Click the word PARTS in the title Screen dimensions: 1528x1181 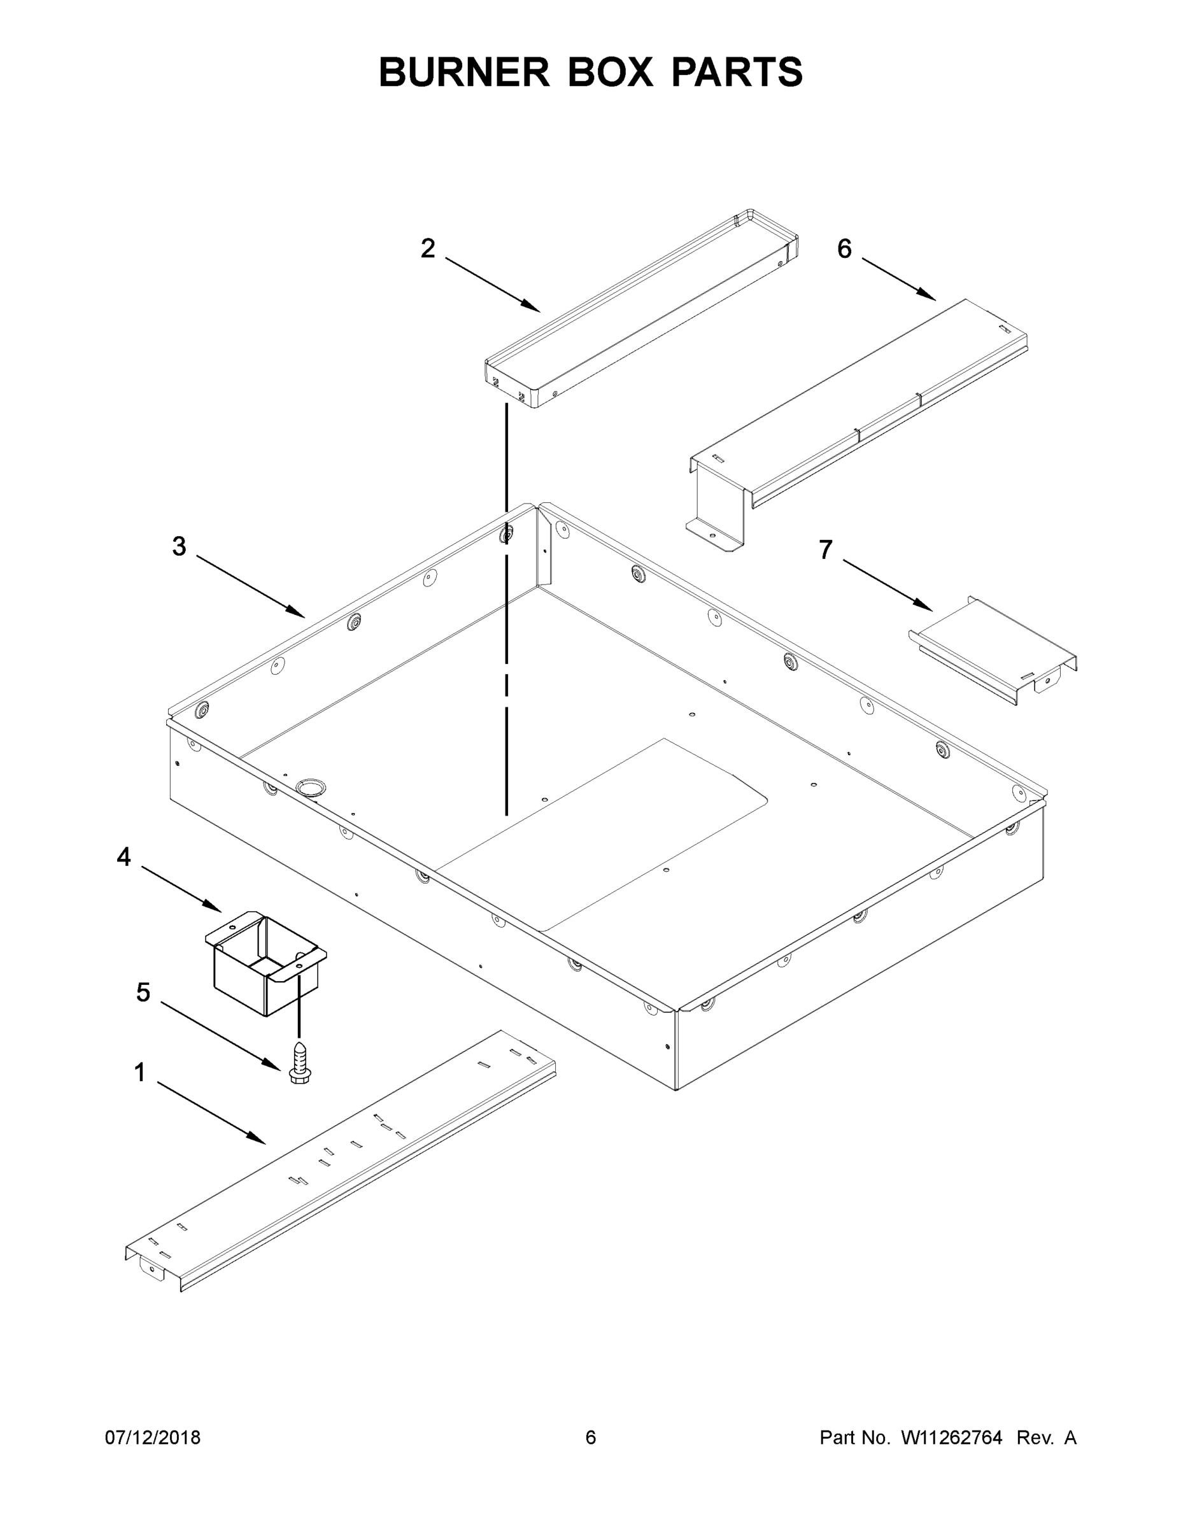point(737,72)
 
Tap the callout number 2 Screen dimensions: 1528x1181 point(427,248)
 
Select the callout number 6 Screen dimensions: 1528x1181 point(844,248)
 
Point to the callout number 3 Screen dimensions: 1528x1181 point(179,546)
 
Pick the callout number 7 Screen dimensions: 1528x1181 point(826,550)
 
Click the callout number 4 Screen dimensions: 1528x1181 point(124,856)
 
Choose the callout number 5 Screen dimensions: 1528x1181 point(143,991)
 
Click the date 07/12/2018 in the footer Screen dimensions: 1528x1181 point(153,1438)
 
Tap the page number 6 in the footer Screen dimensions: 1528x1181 point(591,1438)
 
